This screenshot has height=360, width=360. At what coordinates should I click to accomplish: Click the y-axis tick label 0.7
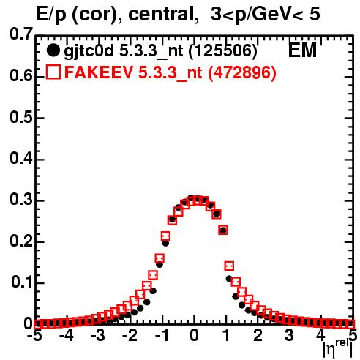click(x=21, y=34)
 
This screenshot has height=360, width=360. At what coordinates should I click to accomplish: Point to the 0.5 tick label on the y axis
click(x=21, y=117)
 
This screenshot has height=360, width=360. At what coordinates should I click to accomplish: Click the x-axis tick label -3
click(x=98, y=336)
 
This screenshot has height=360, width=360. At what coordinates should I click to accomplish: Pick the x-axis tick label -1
click(x=162, y=336)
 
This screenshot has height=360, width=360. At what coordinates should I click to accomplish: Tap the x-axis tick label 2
click(x=258, y=336)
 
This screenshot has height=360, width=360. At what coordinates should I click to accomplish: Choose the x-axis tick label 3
click(x=290, y=336)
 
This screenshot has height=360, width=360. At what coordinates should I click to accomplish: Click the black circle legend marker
click(x=53, y=50)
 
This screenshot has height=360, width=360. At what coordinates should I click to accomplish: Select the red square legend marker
click(x=53, y=72)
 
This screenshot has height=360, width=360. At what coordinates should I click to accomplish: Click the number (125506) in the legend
click(x=223, y=50)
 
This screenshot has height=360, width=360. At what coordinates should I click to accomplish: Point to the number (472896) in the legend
click(x=242, y=72)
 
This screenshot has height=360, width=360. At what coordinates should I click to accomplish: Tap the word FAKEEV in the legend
click(x=100, y=72)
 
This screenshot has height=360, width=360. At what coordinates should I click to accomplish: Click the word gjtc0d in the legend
click(x=89, y=51)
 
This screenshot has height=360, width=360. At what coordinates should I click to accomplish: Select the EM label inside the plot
click(x=302, y=50)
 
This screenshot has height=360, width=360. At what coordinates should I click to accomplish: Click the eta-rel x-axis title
click(x=338, y=349)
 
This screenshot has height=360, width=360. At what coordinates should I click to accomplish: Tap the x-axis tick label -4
click(x=66, y=336)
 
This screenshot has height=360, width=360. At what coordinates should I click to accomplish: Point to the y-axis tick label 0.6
click(x=21, y=75)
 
